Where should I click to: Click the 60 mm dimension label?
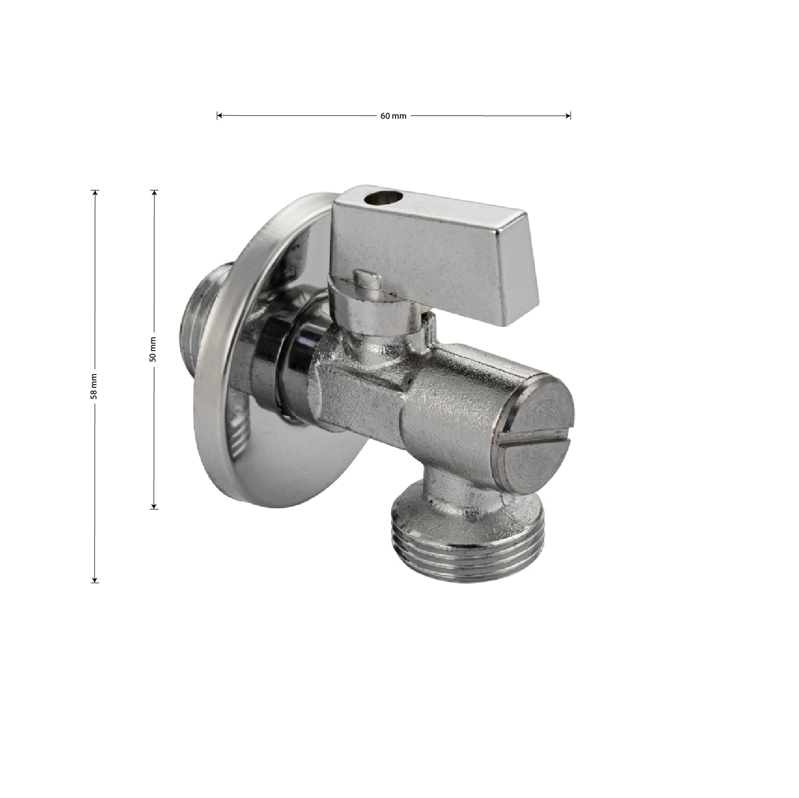(x=393, y=116)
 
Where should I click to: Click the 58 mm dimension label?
(x=94, y=386)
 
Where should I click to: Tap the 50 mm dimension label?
(x=153, y=350)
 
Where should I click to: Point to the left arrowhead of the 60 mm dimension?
(x=219, y=115)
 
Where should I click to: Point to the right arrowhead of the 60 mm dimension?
(x=568, y=115)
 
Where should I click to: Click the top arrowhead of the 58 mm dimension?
(x=95, y=193)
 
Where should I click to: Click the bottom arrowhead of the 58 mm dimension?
(x=95, y=579)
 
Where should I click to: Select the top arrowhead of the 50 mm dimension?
(x=154, y=193)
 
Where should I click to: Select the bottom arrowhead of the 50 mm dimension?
(x=154, y=506)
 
